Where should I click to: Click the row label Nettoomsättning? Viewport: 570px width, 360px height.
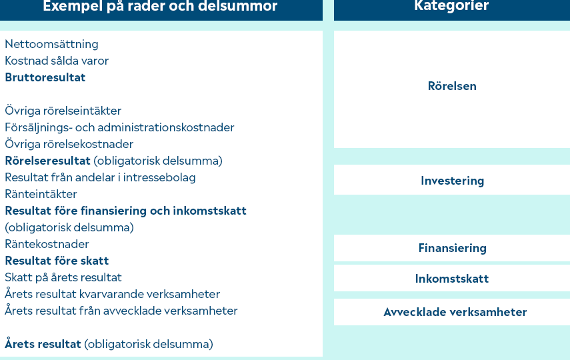[51, 45]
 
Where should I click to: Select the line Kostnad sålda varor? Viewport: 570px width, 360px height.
[57, 61]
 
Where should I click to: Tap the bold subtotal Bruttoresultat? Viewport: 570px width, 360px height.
[45, 77]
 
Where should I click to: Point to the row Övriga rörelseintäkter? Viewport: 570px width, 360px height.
[63, 111]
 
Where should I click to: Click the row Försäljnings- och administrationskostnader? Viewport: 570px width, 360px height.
[119, 127]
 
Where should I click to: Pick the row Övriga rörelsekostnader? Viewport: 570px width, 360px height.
[69, 144]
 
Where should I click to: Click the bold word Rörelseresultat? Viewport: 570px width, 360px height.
[47, 161]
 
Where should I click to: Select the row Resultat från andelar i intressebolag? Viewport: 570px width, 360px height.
[100, 177]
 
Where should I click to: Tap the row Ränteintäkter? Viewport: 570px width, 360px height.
[41, 194]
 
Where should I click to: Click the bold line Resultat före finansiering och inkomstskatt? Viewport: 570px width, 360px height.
[125, 211]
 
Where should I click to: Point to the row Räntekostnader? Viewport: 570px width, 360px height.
[47, 244]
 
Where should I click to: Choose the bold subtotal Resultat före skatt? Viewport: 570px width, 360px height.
[57, 261]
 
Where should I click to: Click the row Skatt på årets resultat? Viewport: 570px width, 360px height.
[63, 278]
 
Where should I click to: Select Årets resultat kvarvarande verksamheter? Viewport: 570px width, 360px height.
[112, 294]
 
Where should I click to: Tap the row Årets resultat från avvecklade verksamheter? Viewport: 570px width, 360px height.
[121, 311]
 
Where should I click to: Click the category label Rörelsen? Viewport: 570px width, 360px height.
[452, 86]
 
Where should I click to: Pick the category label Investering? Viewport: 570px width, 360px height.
[452, 181]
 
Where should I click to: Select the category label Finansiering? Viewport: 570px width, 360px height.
[452, 248]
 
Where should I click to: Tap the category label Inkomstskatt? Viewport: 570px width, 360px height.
[452, 279]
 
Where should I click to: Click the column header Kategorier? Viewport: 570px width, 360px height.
[451, 6]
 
